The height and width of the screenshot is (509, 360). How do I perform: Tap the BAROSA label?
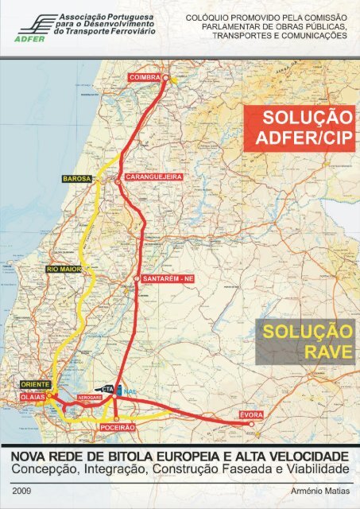(x=77, y=179)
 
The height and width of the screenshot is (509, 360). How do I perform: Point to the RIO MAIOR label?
(x=60, y=270)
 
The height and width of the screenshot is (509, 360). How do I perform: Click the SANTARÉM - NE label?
(x=168, y=279)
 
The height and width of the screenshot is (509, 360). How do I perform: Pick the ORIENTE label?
(x=32, y=384)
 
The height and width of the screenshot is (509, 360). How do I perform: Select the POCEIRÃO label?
(x=114, y=427)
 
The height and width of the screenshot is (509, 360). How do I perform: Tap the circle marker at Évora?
(x=252, y=425)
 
